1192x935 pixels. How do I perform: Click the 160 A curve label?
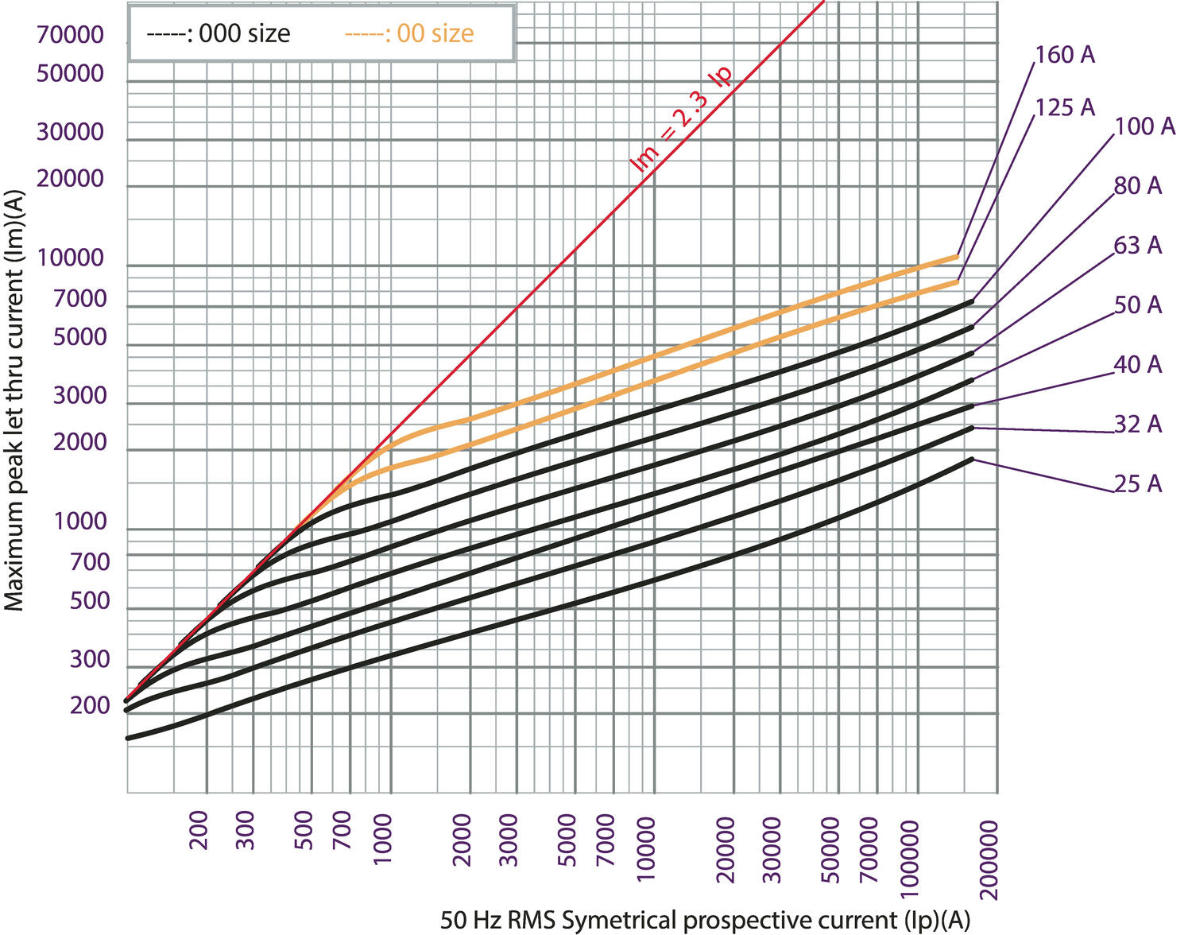[1065, 55]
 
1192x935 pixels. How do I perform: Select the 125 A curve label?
[1065, 107]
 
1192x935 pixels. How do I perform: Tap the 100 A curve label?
[1144, 126]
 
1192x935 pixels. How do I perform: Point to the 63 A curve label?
[1137, 246]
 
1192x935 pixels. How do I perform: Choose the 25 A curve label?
[1137, 483]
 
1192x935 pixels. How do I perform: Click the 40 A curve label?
[1137, 365]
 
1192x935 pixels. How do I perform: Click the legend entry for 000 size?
[219, 33]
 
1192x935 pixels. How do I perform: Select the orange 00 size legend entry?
[409, 33]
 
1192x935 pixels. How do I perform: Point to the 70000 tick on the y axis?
[70, 35]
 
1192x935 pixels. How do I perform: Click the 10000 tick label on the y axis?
[70, 258]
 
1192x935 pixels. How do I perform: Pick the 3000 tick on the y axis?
[79, 395]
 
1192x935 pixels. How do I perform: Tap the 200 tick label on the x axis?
[199, 830]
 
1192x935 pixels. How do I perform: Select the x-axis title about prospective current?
[705, 920]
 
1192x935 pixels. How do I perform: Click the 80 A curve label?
[1137, 186]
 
